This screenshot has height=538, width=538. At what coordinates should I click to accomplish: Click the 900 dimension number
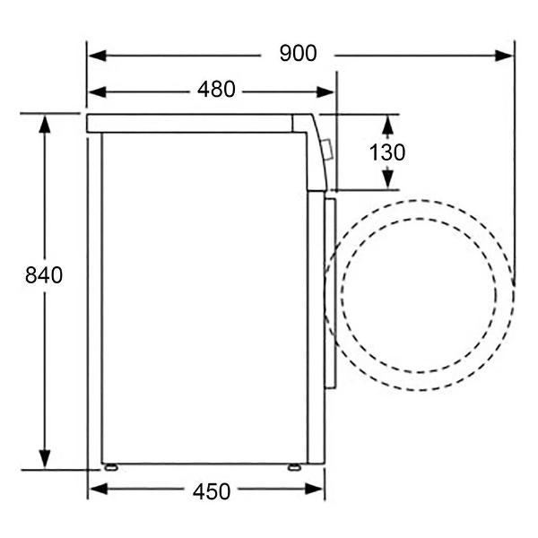click(298, 54)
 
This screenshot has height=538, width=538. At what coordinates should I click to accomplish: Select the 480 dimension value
click(216, 89)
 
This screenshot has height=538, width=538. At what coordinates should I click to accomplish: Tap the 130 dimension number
click(387, 152)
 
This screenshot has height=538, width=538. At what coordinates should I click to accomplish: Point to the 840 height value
click(44, 275)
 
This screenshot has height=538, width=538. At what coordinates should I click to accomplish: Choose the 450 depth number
click(212, 491)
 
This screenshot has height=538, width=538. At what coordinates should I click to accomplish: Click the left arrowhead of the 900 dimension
click(98, 56)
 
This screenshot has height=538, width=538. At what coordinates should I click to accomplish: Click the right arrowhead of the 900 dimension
click(504, 56)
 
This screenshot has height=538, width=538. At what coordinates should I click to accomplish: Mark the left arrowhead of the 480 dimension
click(98, 92)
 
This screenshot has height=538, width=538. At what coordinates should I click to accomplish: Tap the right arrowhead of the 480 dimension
click(325, 92)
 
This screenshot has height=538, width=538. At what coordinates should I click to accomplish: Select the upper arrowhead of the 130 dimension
click(387, 125)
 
